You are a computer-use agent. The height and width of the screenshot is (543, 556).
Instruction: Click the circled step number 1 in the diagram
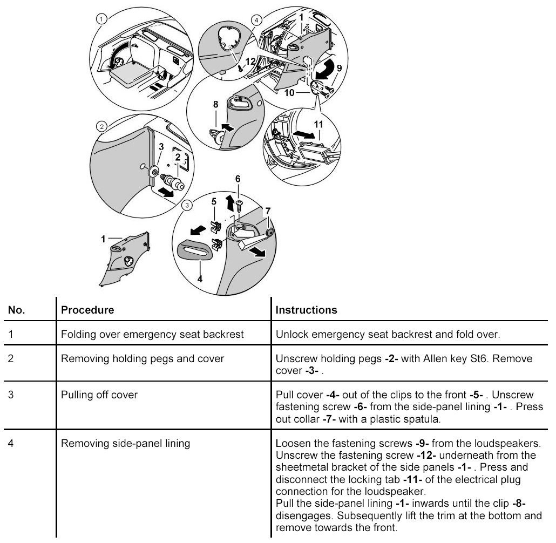[101, 19]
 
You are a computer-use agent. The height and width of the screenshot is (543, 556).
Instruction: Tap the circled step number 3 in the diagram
[187, 205]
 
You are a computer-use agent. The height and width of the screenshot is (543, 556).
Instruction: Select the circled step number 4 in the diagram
[256, 20]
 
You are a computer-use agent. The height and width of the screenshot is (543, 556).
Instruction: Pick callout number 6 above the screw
[238, 178]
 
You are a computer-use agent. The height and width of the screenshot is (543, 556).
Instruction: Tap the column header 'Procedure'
[88, 310]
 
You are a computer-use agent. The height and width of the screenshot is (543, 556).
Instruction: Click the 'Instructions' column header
[306, 310]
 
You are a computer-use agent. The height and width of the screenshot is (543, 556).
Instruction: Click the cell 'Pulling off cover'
[99, 395]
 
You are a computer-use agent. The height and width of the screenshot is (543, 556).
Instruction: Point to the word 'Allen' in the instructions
[429, 358]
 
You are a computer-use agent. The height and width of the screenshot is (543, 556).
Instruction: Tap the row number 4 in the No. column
[11, 444]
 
